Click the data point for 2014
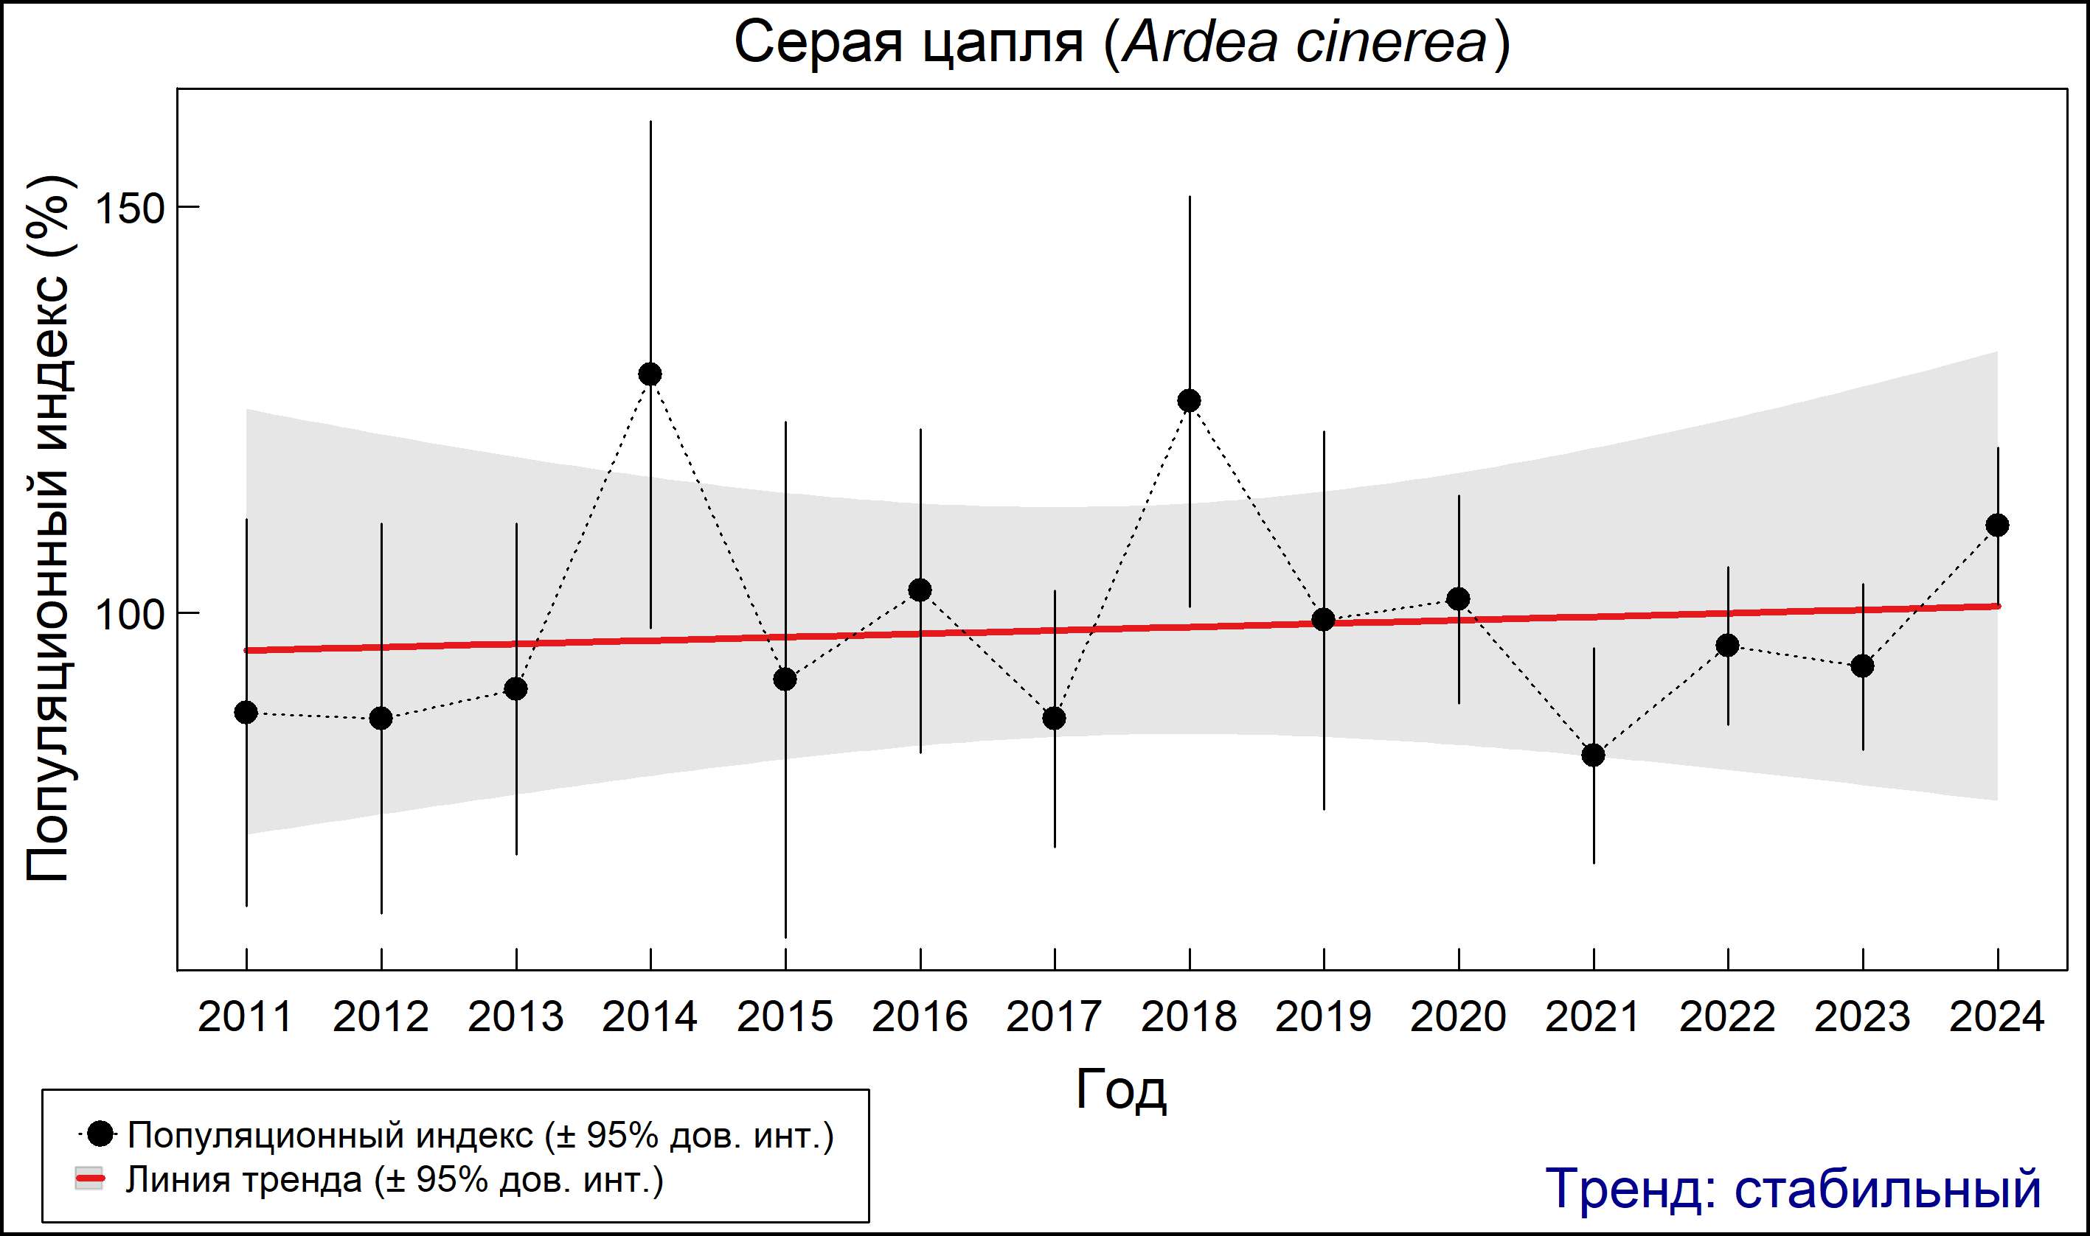click(x=650, y=374)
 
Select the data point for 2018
click(x=1189, y=401)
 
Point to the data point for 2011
click(x=246, y=712)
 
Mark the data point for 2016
click(x=920, y=590)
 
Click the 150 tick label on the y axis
click(x=130, y=207)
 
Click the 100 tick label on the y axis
click(x=130, y=614)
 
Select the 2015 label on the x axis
click(x=784, y=1017)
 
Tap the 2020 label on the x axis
click(x=1458, y=1017)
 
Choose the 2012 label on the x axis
click(x=381, y=1017)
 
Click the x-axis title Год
click(x=1121, y=1089)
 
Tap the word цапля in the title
click(x=1004, y=44)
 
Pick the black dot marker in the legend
click(x=101, y=1134)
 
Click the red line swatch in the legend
click(x=89, y=1179)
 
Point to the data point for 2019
click(x=1323, y=619)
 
